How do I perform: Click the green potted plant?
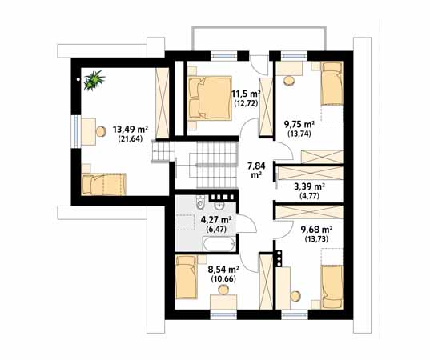94,80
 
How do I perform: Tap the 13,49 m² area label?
131,129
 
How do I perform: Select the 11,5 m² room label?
246,94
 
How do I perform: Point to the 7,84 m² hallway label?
256,170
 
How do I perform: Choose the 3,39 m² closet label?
310,187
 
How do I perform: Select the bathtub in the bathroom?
219,243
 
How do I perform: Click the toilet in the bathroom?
201,202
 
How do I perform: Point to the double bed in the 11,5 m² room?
210,98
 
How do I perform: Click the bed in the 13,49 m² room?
103,184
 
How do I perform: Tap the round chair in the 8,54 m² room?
223,290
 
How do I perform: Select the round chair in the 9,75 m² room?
289,80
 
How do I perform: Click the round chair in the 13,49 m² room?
101,131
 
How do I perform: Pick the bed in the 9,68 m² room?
332,286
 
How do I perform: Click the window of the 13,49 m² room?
76,131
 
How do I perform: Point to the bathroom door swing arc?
247,224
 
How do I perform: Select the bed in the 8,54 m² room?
187,277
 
